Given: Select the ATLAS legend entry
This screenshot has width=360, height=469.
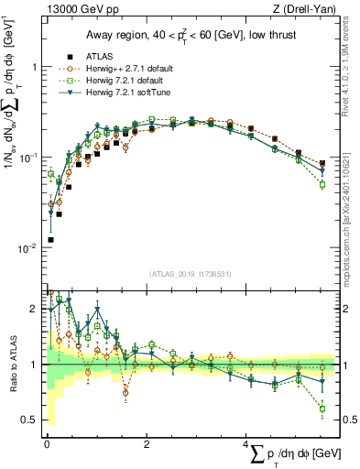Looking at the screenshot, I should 106,55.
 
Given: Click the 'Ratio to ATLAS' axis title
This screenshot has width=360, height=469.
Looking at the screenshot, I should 11,364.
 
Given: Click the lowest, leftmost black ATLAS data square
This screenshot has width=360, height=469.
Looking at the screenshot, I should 49,239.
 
